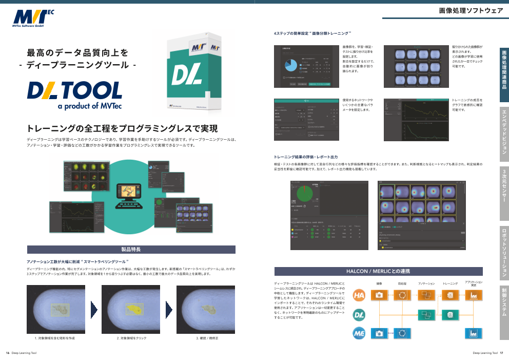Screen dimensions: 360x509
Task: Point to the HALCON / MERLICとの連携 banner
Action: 378,271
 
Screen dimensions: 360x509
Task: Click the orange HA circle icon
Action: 359,295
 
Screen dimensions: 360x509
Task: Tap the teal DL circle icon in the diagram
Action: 359,314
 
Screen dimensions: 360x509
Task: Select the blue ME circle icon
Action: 359,333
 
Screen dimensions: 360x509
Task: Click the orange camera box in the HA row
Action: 379,295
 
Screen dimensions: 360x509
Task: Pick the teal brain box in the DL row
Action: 450,314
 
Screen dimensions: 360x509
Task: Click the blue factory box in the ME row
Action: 473,333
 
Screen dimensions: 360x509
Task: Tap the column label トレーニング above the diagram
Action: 450,283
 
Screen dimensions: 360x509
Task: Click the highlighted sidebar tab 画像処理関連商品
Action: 504,71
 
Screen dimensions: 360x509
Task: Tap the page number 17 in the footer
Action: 501,353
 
